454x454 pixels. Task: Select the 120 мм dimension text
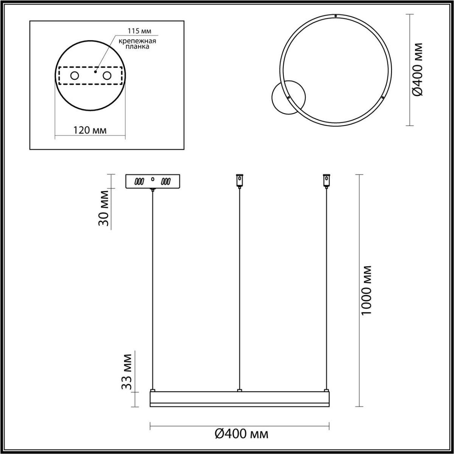(90, 130)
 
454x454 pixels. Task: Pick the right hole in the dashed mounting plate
(107, 76)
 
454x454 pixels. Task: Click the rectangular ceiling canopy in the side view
(153, 181)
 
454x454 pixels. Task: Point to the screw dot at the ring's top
(336, 16)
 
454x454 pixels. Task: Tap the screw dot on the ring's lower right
(383, 98)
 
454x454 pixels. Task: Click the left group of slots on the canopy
(140, 181)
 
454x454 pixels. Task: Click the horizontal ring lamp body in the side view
(239, 399)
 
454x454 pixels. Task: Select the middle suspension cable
(239, 288)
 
